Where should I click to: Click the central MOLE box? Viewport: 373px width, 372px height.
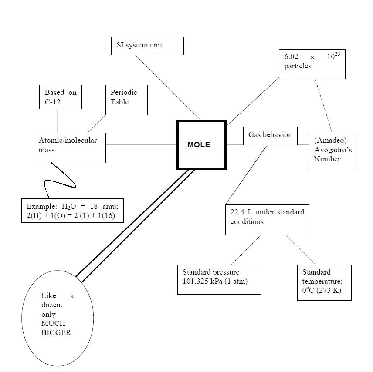click(201, 145)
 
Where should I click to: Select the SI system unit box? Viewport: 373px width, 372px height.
click(147, 46)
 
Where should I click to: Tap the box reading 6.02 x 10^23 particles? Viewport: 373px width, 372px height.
click(312, 64)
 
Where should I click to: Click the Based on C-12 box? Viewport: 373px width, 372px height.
click(61, 97)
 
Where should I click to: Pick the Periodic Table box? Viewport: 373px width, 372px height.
click(126, 100)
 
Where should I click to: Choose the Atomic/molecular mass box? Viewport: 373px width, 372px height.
click(70, 148)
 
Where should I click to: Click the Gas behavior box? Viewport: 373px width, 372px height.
click(270, 136)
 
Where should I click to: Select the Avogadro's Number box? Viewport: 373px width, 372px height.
click(333, 151)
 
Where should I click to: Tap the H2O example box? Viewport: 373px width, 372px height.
click(72, 211)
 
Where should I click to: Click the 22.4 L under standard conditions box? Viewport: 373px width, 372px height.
click(267, 219)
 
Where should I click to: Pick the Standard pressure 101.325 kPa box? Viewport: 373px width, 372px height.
click(219, 279)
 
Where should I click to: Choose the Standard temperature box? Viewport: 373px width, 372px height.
click(324, 282)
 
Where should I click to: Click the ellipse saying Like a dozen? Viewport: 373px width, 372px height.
click(58, 318)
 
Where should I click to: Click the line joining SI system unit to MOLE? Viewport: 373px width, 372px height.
click(168, 87)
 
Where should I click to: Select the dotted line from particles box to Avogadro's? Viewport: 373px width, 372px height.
click(324, 106)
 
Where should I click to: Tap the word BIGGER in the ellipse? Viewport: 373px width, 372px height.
click(56, 333)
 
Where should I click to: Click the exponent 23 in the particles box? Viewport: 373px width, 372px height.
click(337, 54)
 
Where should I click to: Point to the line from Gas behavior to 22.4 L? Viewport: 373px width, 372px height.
click(246, 174)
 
